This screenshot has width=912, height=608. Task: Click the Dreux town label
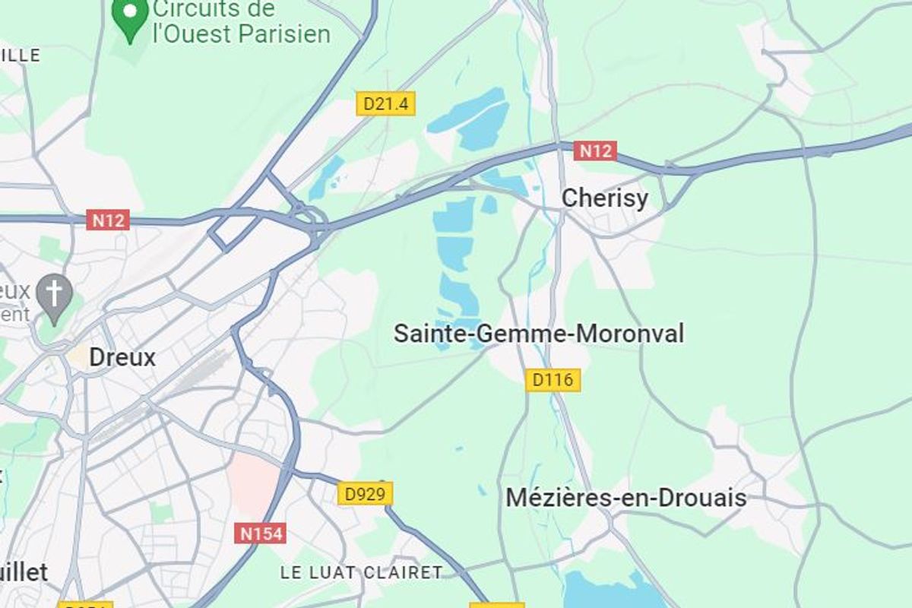122,357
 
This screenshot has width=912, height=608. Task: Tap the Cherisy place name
604,198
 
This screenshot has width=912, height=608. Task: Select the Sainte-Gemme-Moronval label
539,333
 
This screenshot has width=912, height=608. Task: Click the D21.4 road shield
386,104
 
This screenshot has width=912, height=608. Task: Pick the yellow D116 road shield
553,380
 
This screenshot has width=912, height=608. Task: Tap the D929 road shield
365,494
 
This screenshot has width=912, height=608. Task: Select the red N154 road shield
261,534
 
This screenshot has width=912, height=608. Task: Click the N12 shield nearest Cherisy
594,151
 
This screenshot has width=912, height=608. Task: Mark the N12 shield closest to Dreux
108,220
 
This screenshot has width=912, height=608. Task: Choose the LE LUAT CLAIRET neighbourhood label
361,572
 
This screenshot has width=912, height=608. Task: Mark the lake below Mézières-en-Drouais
608,591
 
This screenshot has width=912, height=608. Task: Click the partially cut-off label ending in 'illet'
24,572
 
